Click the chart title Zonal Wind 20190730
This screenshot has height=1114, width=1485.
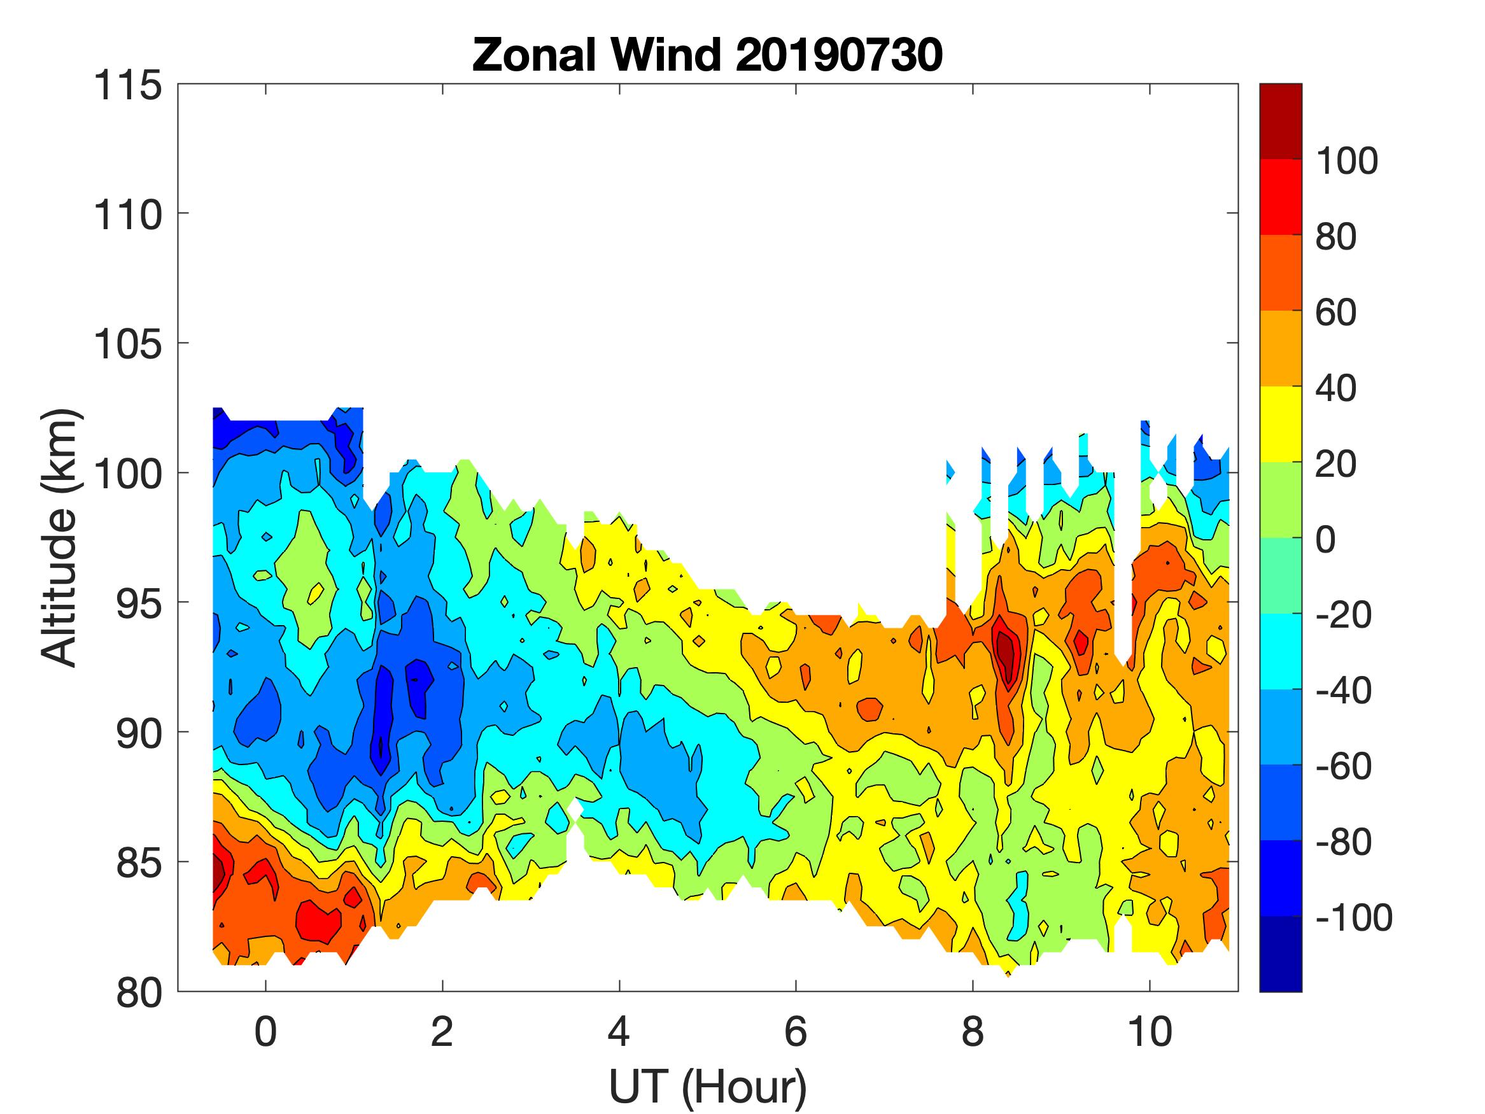707,55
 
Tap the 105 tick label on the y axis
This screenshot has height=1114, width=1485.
127,344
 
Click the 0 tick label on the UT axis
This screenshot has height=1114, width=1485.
265,1031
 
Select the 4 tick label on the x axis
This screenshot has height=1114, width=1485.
618,1031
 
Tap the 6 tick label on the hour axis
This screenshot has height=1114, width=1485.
796,1031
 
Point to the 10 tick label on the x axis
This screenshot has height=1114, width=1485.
1150,1031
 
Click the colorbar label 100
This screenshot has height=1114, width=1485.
1346,161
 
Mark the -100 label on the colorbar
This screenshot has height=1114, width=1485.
1353,917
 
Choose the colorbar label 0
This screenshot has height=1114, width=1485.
1325,540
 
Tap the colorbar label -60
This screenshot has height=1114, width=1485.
1342,766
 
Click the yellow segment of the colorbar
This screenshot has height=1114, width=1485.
1280,424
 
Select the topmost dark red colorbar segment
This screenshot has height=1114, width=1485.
1280,121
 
